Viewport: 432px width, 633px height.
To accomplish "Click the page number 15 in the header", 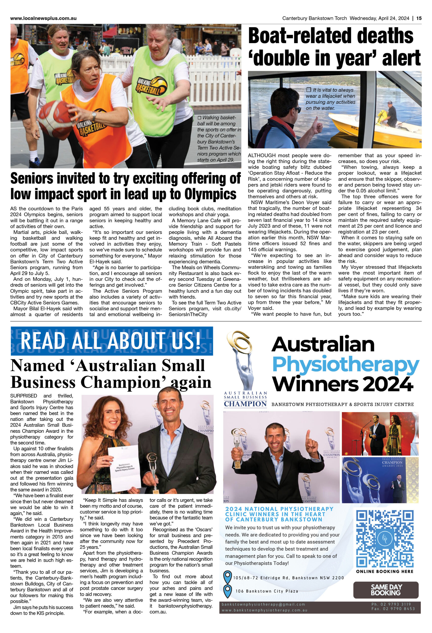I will point(419,18).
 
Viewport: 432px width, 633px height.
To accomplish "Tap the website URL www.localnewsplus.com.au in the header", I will point(43,18).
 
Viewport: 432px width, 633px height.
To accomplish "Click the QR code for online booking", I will point(385,539).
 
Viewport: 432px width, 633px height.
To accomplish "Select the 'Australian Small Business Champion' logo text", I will point(245,400).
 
